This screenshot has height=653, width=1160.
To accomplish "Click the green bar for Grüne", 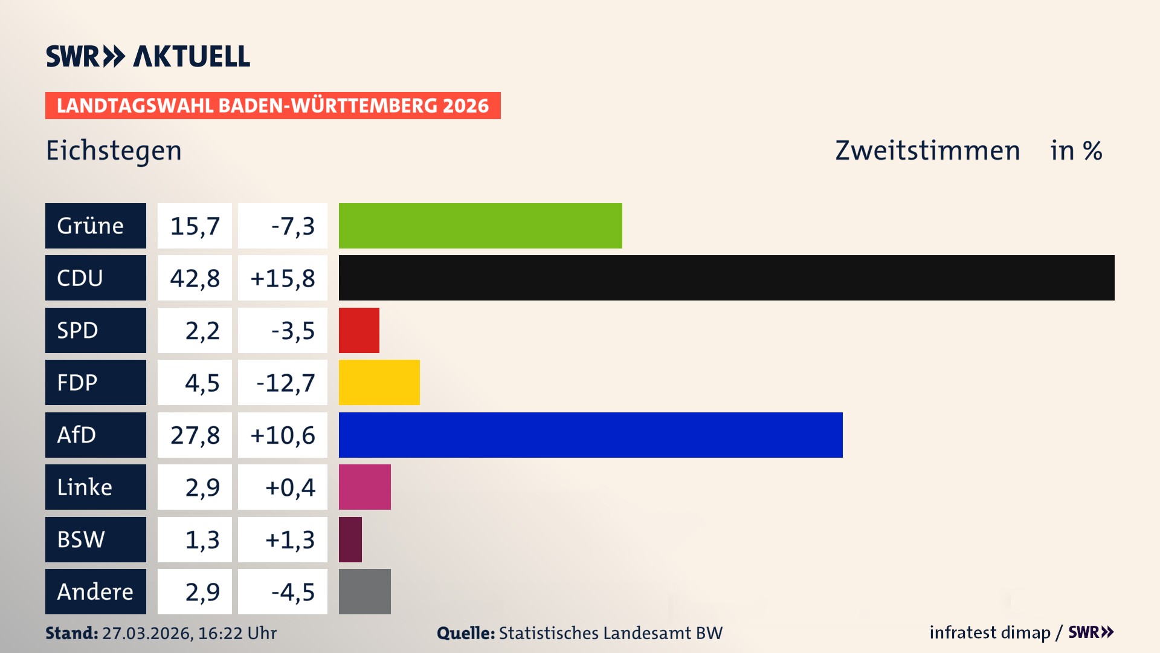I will coord(480,226).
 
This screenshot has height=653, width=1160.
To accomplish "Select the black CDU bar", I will coord(726,278).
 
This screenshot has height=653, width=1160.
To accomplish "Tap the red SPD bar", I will coord(359,330).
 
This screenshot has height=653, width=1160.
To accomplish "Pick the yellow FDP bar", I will coord(379,383).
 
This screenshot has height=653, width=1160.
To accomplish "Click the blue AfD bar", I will coord(590,435).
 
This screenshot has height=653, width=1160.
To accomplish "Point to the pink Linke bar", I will coord(364,487).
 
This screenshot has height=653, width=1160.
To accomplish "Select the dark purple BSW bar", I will coord(350,539).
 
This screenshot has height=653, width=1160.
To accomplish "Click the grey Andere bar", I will coord(364,591).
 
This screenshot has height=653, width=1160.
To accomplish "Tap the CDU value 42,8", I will coord(195,278).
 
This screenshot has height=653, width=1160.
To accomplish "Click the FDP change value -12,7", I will coord(285,383).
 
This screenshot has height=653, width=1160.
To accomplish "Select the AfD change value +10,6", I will coord(283,435).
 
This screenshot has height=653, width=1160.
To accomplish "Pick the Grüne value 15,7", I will coord(195,226).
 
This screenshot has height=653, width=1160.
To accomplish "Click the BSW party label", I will coord(81,539).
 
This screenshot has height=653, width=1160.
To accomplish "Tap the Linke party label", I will coord(85,487).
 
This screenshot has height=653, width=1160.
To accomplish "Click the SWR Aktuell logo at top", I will coord(147,56).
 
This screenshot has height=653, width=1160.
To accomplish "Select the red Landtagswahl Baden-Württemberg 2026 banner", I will coord(272,106).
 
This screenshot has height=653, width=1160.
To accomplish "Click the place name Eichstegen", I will coord(114,151).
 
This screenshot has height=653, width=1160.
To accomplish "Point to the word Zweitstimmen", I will coord(927,151).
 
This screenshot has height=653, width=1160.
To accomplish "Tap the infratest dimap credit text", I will coord(990,632).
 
